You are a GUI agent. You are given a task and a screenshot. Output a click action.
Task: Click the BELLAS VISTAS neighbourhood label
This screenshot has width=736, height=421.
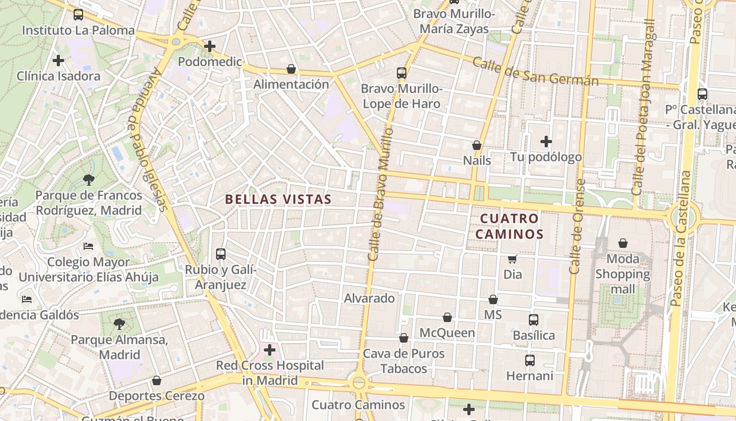[278, 199]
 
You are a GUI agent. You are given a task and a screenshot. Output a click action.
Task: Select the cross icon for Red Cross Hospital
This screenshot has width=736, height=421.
[270, 350]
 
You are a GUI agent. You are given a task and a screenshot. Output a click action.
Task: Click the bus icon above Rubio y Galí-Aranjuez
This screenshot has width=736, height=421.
[221, 254]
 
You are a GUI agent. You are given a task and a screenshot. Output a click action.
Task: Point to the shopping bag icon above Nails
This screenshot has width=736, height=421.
[477, 145]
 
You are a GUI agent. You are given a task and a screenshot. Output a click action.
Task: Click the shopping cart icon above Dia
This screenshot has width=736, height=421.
[512, 259]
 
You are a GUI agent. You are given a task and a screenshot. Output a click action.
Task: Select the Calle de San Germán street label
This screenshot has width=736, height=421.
[535, 72]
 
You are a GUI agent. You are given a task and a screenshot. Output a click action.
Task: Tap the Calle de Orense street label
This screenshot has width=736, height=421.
[577, 226]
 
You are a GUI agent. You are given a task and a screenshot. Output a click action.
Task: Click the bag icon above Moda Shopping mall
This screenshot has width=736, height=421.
[623, 243]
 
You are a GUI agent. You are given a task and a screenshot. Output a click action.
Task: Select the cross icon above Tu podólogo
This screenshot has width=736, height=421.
[546, 142]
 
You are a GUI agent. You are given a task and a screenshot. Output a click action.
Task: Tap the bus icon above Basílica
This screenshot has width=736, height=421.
[534, 319]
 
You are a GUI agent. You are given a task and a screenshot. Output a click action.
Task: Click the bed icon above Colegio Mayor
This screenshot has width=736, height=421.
[88, 246]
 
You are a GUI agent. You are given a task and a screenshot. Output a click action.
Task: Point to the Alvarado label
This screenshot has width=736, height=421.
[369, 298]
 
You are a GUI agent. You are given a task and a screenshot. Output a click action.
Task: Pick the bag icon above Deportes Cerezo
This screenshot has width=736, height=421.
[156, 380]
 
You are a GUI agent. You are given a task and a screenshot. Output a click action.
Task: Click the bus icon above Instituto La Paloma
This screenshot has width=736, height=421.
[78, 15]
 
